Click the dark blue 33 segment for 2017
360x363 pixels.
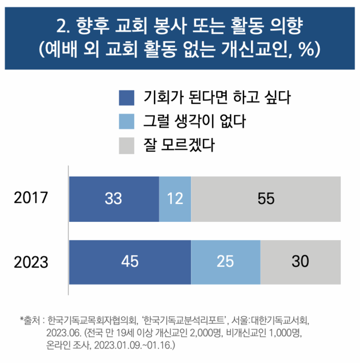[x=114, y=199]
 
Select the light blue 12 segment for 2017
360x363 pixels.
[x=175, y=199]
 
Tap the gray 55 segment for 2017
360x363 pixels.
[x=265, y=199]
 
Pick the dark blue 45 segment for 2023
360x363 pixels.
[x=130, y=262]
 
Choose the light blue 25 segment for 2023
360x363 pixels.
[x=225, y=262]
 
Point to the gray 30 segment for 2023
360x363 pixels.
[x=300, y=262]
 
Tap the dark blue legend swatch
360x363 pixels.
[x=126, y=97]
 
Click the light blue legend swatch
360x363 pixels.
[x=126, y=122]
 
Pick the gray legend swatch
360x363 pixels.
[x=126, y=146]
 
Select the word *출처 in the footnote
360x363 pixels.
[x=30, y=319]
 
